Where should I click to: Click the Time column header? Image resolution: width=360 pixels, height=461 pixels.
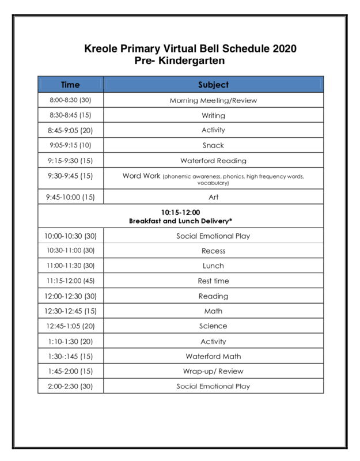(70, 85)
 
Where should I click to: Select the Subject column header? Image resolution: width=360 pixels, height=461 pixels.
(213, 85)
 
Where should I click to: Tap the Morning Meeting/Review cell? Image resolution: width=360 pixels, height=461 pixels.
(213, 101)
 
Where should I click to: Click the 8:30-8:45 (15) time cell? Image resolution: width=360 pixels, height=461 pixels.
(70, 116)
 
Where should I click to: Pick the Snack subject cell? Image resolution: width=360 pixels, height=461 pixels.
(213, 146)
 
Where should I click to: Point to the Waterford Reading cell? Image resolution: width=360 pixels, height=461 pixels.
(213, 161)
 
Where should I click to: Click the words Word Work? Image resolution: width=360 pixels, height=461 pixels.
(141, 176)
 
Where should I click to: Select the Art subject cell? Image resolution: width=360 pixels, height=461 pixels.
(213, 197)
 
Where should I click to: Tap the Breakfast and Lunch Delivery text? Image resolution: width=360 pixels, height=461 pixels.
(180, 221)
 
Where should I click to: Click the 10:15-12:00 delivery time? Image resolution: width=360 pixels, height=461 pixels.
(180, 212)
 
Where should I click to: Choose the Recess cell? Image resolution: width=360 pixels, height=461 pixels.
(213, 251)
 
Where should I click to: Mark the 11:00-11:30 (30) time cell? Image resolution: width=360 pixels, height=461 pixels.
(70, 266)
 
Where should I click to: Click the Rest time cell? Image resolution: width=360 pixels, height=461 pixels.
(213, 281)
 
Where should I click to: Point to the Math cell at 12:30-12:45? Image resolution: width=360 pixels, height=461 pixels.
(213, 311)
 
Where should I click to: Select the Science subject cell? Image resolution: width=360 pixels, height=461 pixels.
(213, 326)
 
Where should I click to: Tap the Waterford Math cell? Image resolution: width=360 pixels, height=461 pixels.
(213, 356)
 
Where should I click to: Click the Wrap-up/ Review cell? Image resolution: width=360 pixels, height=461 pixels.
(213, 371)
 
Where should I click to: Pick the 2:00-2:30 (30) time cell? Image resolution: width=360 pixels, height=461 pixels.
(70, 386)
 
